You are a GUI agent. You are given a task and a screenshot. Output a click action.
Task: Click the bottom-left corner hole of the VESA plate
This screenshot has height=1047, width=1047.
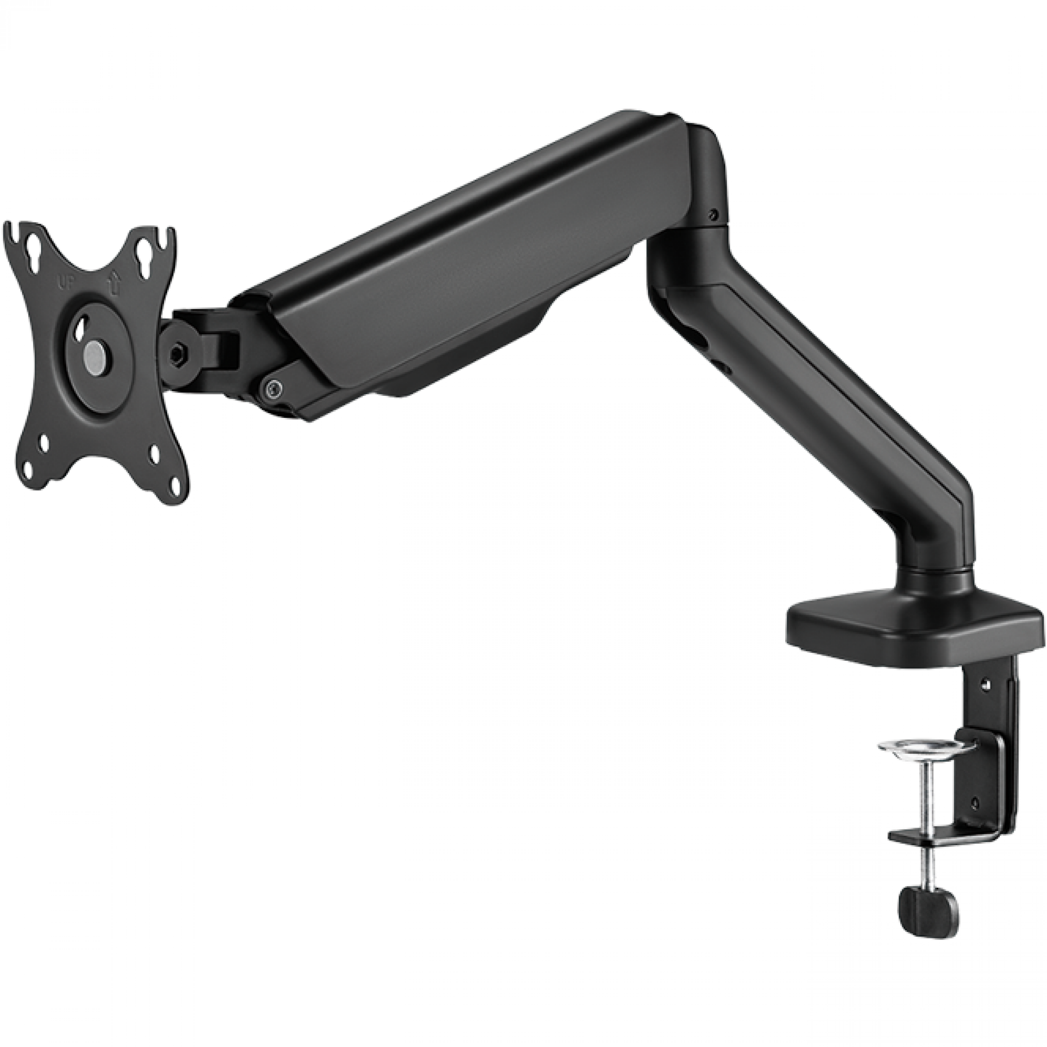[x=44, y=444]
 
